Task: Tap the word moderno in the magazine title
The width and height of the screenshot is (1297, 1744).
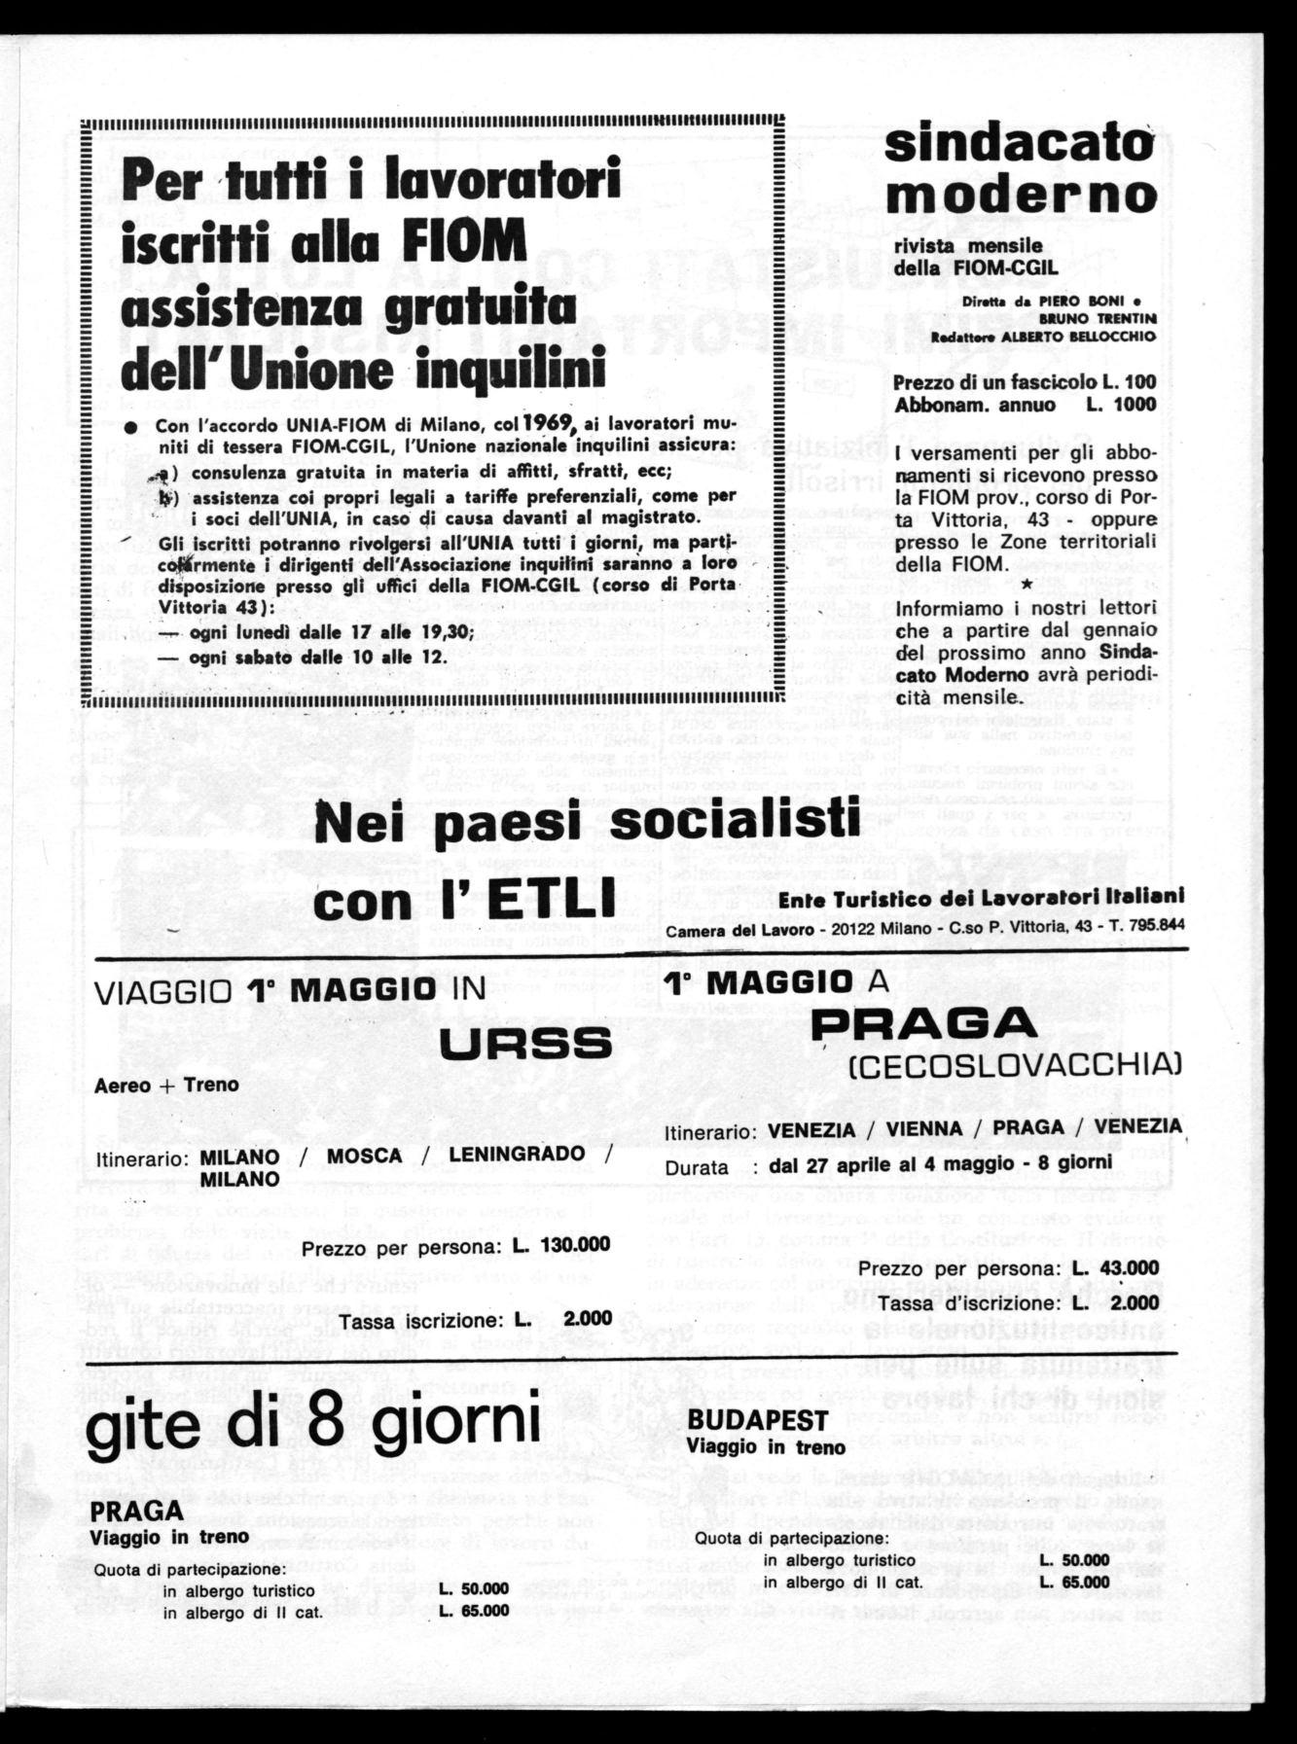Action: pyautogui.click(x=1021, y=196)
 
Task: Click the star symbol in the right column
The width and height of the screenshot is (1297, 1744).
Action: pyautogui.click(x=1027, y=585)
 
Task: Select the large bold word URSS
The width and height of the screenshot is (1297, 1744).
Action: pyautogui.click(x=526, y=1044)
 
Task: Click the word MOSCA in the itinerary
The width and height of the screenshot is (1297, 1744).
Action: pyautogui.click(x=364, y=1156)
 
